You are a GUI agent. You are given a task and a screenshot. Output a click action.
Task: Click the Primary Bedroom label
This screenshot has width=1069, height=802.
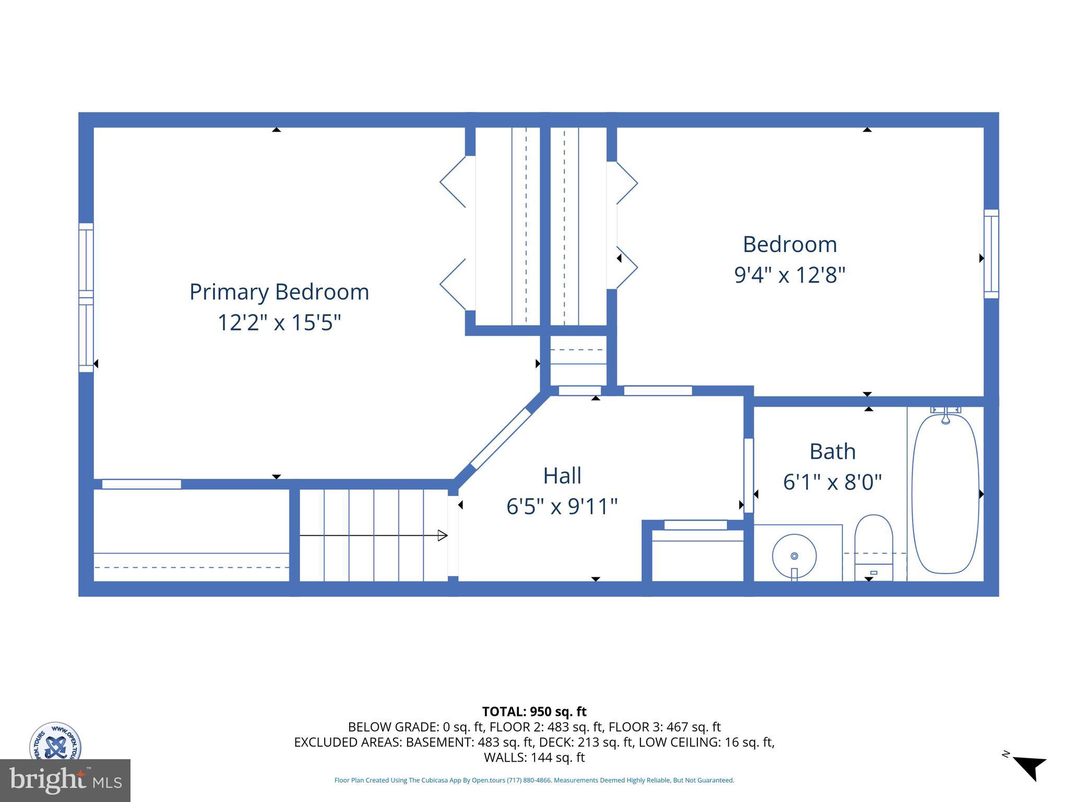pos(279,291)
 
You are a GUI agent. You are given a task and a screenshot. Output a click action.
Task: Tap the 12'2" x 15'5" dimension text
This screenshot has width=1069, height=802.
pos(279,322)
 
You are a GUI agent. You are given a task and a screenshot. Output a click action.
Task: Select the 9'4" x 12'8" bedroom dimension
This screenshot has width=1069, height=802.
pos(789,275)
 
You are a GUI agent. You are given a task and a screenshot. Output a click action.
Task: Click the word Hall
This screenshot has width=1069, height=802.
pos(562,476)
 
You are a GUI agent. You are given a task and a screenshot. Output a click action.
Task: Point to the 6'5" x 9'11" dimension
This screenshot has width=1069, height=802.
pos(562,506)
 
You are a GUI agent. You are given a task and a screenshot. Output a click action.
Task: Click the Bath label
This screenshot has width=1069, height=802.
pos(832,452)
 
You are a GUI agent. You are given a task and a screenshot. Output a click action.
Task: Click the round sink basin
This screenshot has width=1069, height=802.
pos(794,556)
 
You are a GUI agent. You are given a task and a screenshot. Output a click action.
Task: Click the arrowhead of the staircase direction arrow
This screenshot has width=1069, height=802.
pos(442,535)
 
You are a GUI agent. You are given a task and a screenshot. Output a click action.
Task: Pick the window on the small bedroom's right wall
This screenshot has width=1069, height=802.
pos(991,254)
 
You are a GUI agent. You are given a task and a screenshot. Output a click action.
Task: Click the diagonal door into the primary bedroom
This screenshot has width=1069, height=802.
pos(501,439)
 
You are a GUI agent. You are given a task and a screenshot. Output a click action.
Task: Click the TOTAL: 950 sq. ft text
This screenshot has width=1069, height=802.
pos(534,712)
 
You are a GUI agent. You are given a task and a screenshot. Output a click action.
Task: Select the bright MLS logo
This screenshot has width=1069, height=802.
pos(65,780)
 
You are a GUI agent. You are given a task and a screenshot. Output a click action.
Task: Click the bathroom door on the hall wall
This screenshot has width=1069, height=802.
pos(749,475)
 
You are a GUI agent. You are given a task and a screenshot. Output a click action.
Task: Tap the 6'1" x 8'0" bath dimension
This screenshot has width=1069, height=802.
pos(832,482)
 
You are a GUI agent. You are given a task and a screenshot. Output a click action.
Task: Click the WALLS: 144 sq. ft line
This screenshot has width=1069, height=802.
pos(534,757)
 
